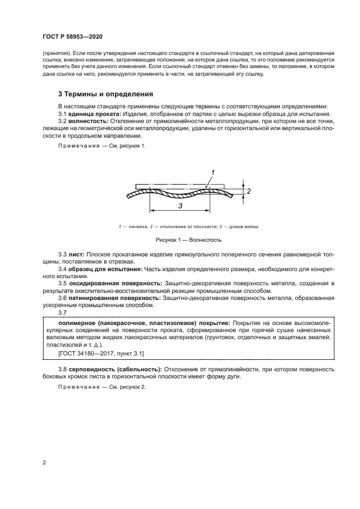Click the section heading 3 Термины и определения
[x=106, y=93]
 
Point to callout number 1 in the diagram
[x=213, y=172]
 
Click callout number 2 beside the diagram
[x=248, y=191]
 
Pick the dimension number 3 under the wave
[x=179, y=205]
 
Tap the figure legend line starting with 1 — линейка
[x=180, y=226]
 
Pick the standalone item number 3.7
[x=63, y=312]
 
